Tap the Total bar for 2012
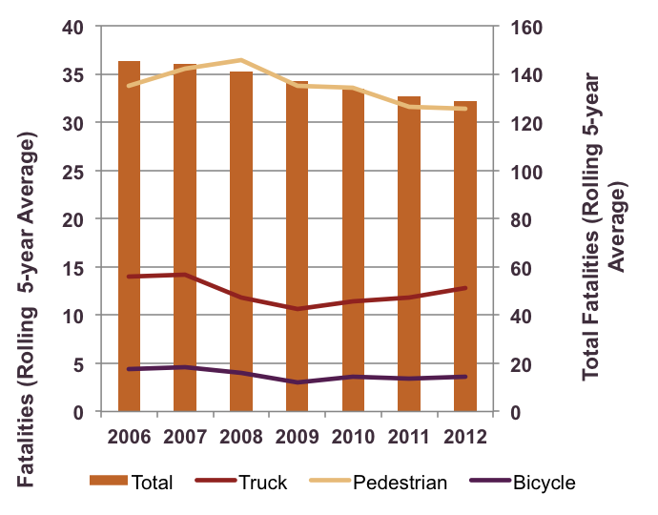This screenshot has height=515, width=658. (464, 257)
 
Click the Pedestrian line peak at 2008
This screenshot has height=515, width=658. (240, 60)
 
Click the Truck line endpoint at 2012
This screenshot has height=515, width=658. (464, 288)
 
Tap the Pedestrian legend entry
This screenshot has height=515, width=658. (377, 483)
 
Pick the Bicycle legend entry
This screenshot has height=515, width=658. (520, 483)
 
